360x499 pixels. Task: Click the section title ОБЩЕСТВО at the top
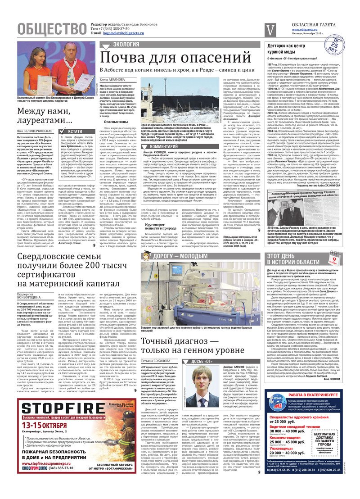(52, 29)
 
